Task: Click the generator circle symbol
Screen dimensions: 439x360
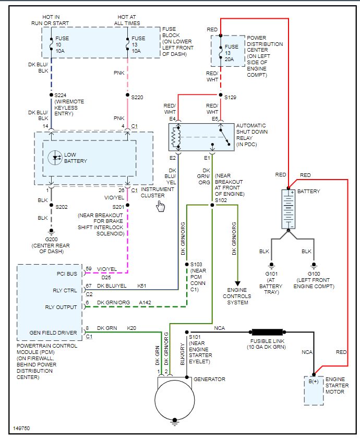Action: [173, 400]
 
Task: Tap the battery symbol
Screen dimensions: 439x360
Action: [289, 209]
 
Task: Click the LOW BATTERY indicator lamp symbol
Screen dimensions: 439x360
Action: [54, 157]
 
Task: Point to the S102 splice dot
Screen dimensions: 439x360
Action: [212, 205]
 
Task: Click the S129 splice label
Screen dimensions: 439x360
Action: [230, 98]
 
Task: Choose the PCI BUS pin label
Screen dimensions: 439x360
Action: [67, 273]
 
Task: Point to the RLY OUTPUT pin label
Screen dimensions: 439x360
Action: [61, 307]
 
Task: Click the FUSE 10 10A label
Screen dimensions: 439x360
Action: [62, 45]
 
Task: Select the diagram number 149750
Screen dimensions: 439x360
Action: [22, 429]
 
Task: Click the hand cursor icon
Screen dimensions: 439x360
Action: [160, 206]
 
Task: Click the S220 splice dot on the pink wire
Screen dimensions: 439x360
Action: [127, 95]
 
